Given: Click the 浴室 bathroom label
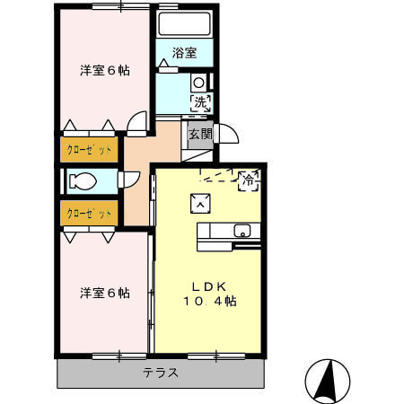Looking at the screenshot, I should (x=184, y=55).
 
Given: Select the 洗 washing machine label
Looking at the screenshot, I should (x=200, y=102).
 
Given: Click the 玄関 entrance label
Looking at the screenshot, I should (x=200, y=135).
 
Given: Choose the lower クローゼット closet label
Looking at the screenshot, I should (x=88, y=214).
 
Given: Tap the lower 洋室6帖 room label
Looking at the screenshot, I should (x=103, y=293).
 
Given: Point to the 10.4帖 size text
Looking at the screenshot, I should (x=212, y=302).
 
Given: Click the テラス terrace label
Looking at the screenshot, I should (x=160, y=373).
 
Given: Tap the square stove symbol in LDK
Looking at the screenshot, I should (x=200, y=202).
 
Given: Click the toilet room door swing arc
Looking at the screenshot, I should (x=130, y=177).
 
